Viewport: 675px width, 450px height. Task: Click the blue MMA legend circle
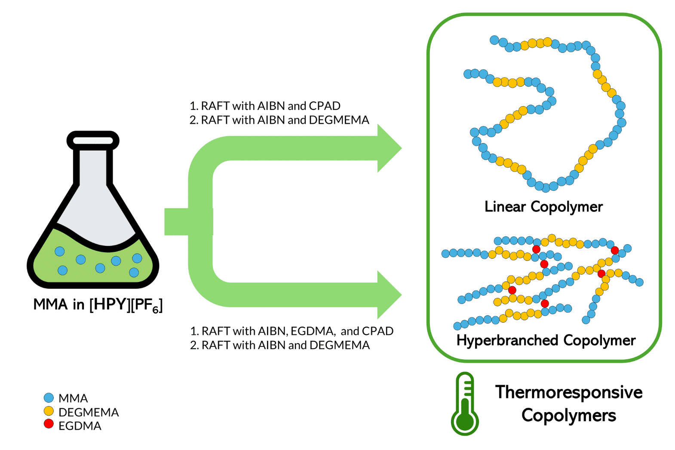(x=49, y=398)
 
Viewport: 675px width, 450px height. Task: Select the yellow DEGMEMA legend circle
(x=49, y=411)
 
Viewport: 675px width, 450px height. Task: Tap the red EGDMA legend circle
(x=49, y=424)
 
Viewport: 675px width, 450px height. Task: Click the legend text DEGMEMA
(x=88, y=412)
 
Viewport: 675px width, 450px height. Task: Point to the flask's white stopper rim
(x=93, y=141)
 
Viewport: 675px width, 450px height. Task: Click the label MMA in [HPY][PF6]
(x=98, y=305)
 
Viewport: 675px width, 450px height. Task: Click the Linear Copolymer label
(x=543, y=207)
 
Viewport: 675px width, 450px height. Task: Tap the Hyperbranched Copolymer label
(x=546, y=340)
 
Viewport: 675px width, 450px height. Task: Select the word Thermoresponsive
(x=568, y=392)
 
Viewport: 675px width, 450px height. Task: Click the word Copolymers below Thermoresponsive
(x=568, y=416)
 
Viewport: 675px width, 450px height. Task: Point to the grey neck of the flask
(x=93, y=168)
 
